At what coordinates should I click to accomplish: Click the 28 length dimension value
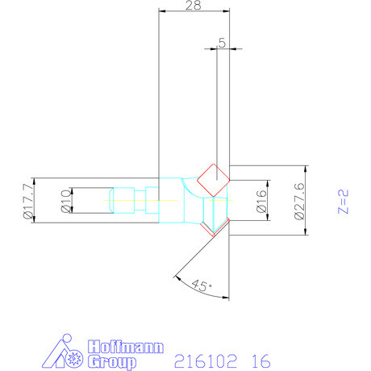coord(193,5)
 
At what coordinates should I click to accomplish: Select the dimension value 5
coord(222,43)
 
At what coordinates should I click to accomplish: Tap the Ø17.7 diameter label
coord(28,200)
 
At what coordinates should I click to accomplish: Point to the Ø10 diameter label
coord(66,201)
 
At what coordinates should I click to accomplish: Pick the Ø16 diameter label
coord(261,201)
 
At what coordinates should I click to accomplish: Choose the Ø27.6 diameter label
coord(299,201)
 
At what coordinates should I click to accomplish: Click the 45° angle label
coord(202,286)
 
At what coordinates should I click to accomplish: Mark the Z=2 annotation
coord(343,202)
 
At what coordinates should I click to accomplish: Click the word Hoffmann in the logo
coord(126,347)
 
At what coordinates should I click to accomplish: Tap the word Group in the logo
coord(112,362)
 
